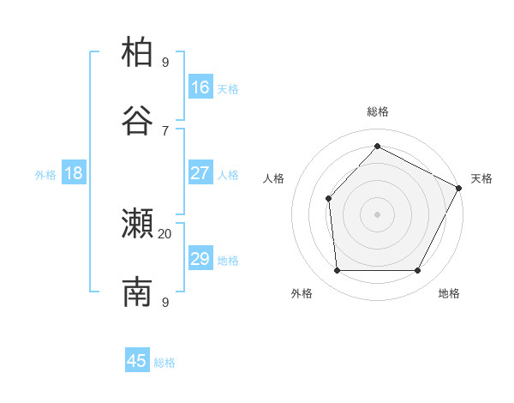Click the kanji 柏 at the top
pyautogui.click(x=137, y=52)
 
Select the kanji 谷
pyautogui.click(x=137, y=121)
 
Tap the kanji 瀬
pyautogui.click(x=137, y=225)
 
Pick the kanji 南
pyautogui.click(x=137, y=293)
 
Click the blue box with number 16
pyautogui.click(x=200, y=87)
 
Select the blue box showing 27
pyautogui.click(x=200, y=173)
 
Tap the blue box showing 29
pyautogui.click(x=200, y=259)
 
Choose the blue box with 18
pyautogui.click(x=74, y=173)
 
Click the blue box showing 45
pyautogui.click(x=137, y=361)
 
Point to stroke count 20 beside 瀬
pyautogui.click(x=165, y=233)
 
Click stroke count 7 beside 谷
pyautogui.click(x=165, y=129)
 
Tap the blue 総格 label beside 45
pyautogui.click(x=164, y=363)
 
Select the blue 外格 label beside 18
pyautogui.click(x=45, y=174)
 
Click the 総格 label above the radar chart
pyautogui.click(x=377, y=111)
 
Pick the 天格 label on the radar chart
pyautogui.click(x=481, y=178)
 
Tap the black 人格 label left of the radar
pyautogui.click(x=274, y=178)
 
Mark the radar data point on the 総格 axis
pyautogui.click(x=377, y=147)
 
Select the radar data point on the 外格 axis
pyautogui.click(x=338, y=271)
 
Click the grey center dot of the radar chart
pyautogui.click(x=377, y=214)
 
